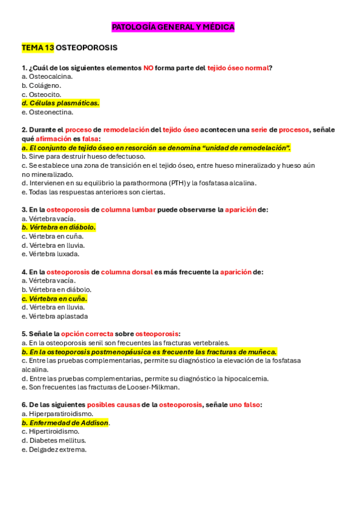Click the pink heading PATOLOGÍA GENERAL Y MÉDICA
(173, 27)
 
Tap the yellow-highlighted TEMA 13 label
(38, 47)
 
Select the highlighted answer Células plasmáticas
(60, 103)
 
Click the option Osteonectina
(47, 112)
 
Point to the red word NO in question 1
(148, 68)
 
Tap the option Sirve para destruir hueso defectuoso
(84, 156)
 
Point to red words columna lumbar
(128, 210)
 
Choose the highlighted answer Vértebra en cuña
(54, 298)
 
